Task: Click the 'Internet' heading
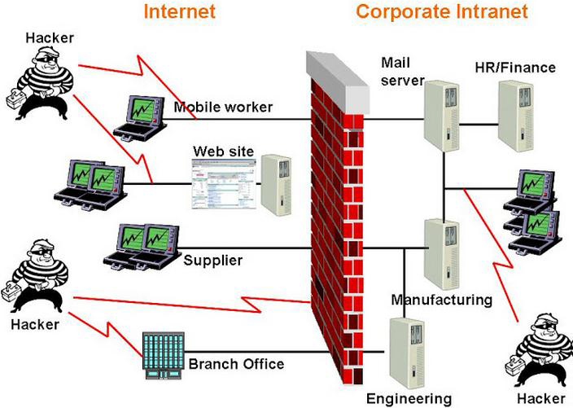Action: point(180,11)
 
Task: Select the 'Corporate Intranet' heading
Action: point(441,11)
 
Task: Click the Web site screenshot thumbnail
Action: point(223,186)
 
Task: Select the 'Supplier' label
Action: point(212,261)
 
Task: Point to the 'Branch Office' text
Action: point(236,363)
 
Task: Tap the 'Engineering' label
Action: point(408,398)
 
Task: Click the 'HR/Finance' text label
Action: point(515,67)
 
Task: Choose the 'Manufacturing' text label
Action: point(441,300)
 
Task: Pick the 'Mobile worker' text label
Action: point(223,107)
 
